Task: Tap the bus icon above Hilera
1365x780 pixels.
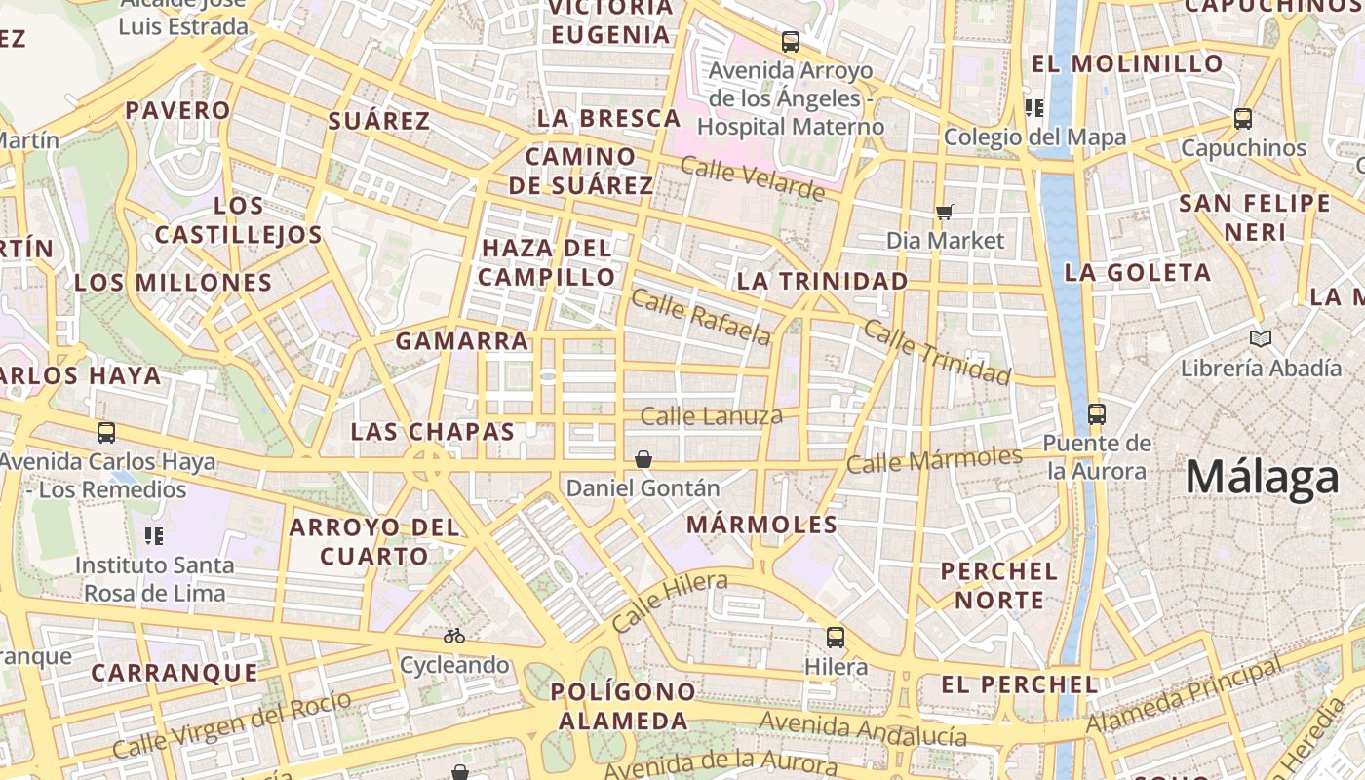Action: click(x=836, y=638)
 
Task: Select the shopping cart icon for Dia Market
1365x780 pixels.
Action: click(x=944, y=212)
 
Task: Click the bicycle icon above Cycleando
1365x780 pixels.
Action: click(x=454, y=636)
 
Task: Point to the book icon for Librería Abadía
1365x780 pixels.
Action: click(x=1261, y=339)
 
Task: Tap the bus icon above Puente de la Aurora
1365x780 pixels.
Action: click(x=1097, y=413)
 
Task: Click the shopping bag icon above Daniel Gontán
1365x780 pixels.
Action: click(x=643, y=459)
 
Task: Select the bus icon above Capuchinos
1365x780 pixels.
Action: click(x=1243, y=119)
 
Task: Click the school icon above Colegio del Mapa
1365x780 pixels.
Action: click(x=1034, y=107)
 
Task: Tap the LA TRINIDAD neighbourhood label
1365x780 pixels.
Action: click(x=822, y=282)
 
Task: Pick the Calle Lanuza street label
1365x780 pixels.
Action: click(x=712, y=417)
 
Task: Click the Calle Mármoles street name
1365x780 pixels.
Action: click(x=934, y=459)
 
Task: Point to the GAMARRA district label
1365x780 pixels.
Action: click(x=462, y=341)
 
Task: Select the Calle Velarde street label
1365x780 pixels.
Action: click(x=752, y=178)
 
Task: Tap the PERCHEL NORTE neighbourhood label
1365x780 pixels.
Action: click(x=998, y=585)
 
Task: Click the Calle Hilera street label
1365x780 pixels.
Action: click(x=670, y=602)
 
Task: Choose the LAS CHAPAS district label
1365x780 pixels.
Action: click(x=432, y=432)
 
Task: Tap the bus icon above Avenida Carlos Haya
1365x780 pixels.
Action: click(x=106, y=432)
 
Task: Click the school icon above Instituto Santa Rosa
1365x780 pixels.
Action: click(x=153, y=535)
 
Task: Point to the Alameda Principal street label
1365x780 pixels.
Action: click(x=1185, y=696)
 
